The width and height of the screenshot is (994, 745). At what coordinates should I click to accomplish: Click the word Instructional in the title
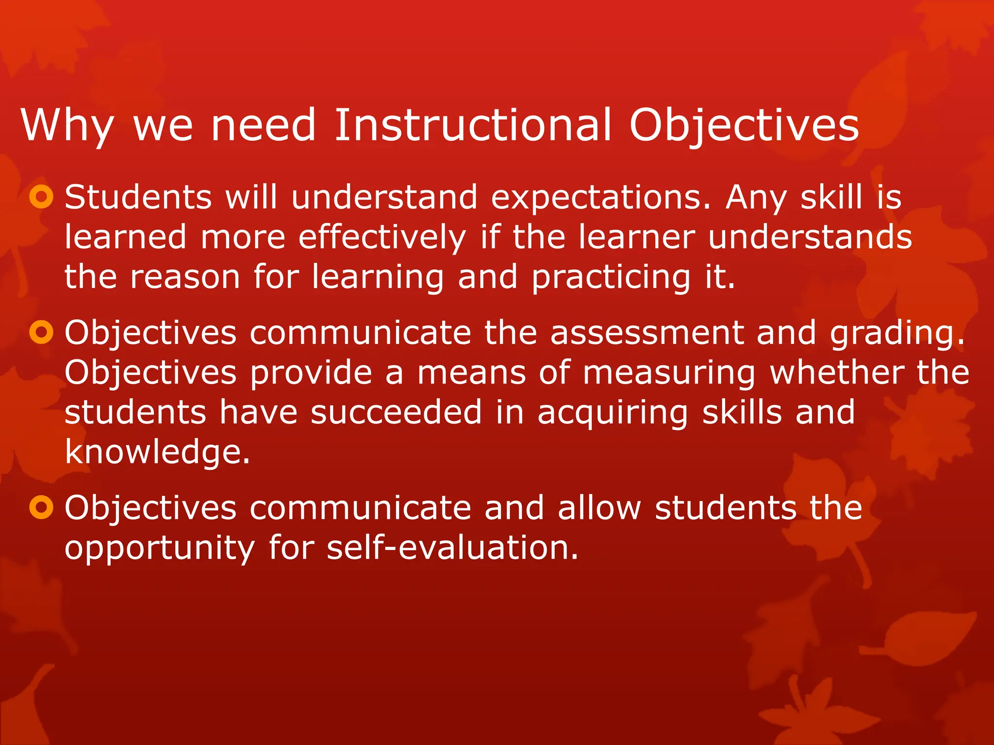[473, 126]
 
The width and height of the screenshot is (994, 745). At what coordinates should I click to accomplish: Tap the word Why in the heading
[67, 126]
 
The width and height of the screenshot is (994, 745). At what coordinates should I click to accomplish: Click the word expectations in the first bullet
[601, 198]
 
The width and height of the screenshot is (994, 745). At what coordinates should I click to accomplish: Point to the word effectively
[382, 238]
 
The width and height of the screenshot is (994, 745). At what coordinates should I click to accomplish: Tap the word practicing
[611, 277]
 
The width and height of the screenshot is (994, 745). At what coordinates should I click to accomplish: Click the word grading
[897, 334]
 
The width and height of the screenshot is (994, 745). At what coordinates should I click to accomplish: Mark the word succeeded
[396, 412]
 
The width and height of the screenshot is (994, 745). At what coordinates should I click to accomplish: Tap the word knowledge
[157, 452]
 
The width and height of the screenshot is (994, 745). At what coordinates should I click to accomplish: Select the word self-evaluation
[452, 548]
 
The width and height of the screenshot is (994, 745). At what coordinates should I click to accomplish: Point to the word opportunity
[160, 549]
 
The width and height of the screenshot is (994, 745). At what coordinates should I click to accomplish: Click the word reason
[185, 277]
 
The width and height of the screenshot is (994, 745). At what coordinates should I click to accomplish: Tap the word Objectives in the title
[744, 126]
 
